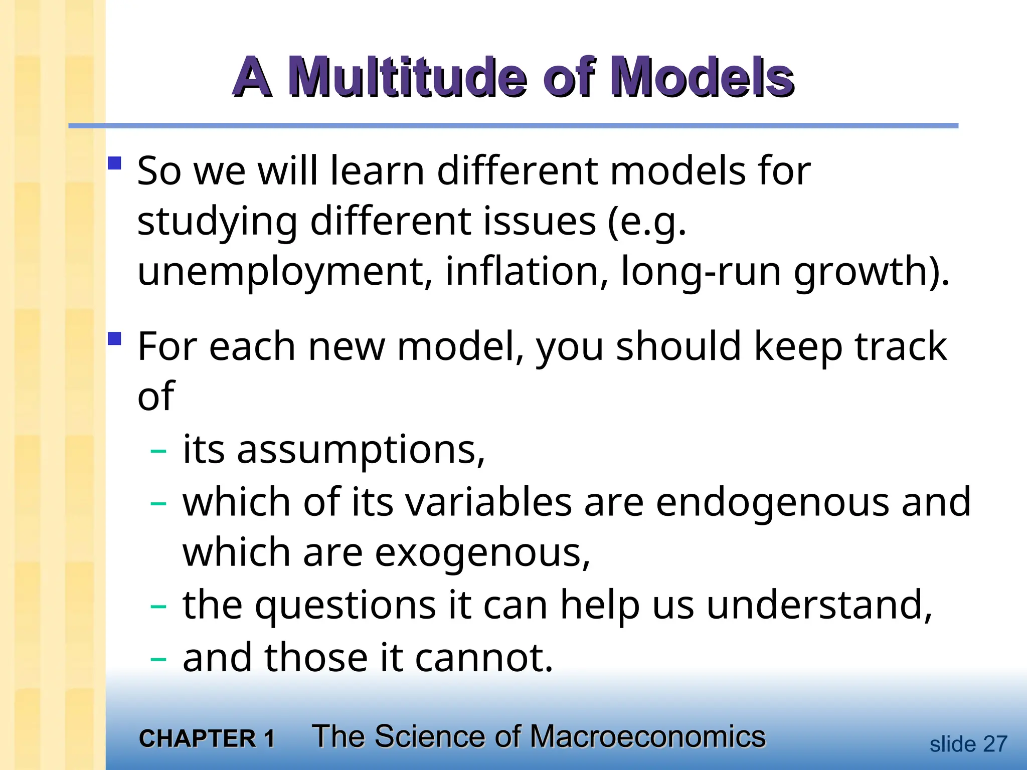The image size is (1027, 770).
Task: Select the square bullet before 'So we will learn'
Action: click(115, 163)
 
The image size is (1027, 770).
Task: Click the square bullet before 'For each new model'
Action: click(115, 339)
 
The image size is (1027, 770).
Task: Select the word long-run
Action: click(701, 272)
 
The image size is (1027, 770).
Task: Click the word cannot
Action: click(484, 657)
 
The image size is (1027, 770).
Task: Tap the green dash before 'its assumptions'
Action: click(158, 451)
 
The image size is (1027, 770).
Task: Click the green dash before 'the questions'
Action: click(158, 607)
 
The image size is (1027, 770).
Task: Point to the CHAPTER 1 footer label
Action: click(207, 739)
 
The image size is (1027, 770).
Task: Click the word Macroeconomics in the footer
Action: click(647, 737)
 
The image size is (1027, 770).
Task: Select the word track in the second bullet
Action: click(901, 347)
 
